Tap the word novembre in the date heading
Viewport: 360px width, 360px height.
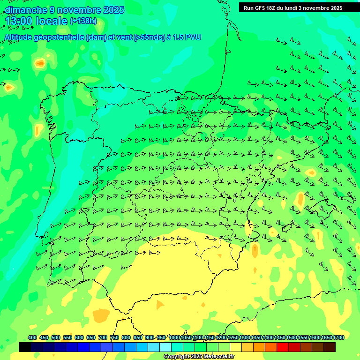79,10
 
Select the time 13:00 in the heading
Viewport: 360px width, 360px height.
18,22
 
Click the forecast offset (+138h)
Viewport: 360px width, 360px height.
83,21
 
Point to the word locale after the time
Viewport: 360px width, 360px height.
51,22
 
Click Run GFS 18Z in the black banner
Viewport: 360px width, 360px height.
262,8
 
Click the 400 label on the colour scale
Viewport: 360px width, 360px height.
32,337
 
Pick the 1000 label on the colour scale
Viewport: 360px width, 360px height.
174,337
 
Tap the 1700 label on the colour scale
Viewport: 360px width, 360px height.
339,337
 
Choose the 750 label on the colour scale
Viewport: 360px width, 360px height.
114,337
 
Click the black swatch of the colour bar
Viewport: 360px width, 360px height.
25,347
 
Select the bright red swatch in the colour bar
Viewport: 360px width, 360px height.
282,347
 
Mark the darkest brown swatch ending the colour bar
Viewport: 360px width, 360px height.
330,347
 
